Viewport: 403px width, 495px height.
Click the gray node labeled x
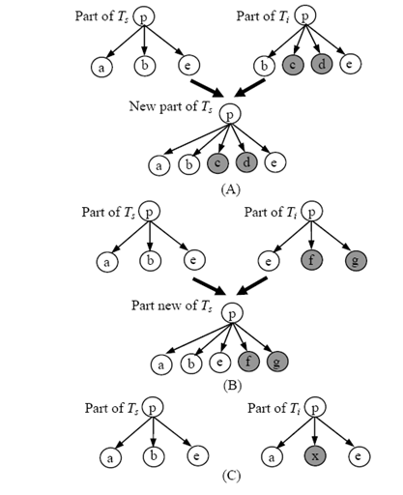pyautogui.click(x=315, y=456)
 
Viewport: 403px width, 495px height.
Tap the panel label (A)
pyautogui.click(x=231, y=189)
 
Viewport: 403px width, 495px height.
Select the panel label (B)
pyautogui.click(x=232, y=385)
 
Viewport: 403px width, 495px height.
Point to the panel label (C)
pyautogui.click(x=232, y=476)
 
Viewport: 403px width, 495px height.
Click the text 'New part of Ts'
pyautogui.click(x=171, y=106)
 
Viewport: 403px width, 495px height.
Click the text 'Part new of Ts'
pyautogui.click(x=172, y=306)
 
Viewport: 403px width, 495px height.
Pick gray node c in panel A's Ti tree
pyautogui.click(x=293, y=65)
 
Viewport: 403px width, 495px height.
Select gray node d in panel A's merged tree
pyautogui.click(x=246, y=162)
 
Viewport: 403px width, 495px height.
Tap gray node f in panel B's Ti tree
pyautogui.click(x=311, y=260)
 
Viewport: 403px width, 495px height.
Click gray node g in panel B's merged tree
pyautogui.click(x=277, y=362)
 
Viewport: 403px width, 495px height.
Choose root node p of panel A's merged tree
pyautogui.click(x=230, y=114)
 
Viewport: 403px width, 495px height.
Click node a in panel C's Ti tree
pyautogui.click(x=272, y=456)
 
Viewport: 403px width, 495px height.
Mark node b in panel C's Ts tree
pyautogui.click(x=154, y=455)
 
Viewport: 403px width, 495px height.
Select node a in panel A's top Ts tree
pyautogui.click(x=101, y=68)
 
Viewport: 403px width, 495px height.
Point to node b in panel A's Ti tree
pyautogui.click(x=264, y=66)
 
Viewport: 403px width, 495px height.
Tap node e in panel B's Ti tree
pyautogui.click(x=269, y=261)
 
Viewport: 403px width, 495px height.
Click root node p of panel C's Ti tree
pyautogui.click(x=315, y=407)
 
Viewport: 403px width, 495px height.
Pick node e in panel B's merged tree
pyautogui.click(x=220, y=362)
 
